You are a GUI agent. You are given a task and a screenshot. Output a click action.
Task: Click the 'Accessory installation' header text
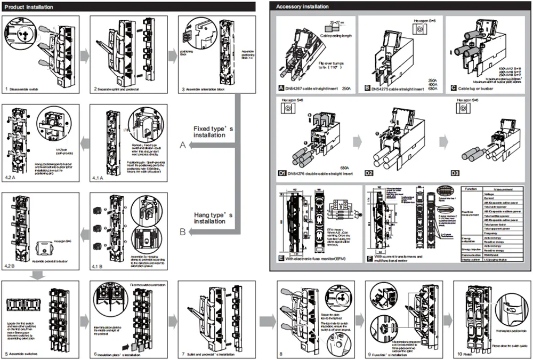pyautogui.click(x=303, y=6)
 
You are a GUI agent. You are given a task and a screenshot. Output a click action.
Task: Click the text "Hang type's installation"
pyautogui.click(x=209, y=218)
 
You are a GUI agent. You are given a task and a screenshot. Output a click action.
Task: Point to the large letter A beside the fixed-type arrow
pyautogui.click(x=183, y=146)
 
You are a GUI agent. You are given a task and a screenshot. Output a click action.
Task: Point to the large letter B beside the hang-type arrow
pyautogui.click(x=183, y=232)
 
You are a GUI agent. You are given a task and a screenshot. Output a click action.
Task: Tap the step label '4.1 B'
pyautogui.click(x=98, y=265)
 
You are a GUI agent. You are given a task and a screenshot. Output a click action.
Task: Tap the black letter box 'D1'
pyautogui.click(x=281, y=173)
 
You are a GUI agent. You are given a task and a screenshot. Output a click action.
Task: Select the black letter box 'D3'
pyautogui.click(x=455, y=173)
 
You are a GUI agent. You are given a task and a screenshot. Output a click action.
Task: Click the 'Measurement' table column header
pyautogui.click(x=503, y=188)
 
